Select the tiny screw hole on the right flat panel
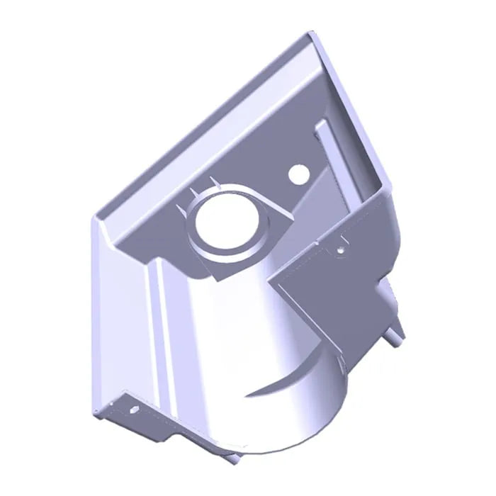(340, 249)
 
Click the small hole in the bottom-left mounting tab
(131, 409)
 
